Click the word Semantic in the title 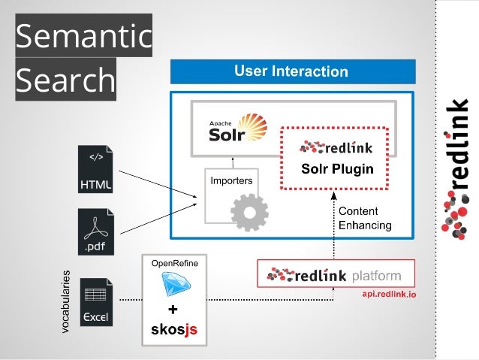(x=83, y=35)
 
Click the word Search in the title (x=65, y=80)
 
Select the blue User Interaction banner (x=292, y=72)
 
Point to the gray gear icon (x=249, y=213)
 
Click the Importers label (x=230, y=180)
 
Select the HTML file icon (x=95, y=169)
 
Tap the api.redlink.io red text (x=389, y=295)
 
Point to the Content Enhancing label (x=365, y=218)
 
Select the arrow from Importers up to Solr (x=232, y=162)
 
